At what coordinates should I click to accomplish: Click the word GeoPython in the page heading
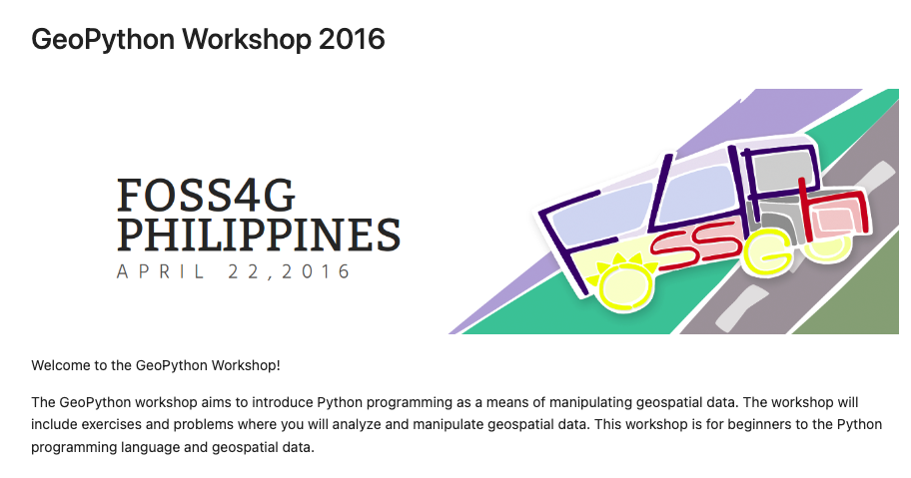(x=103, y=40)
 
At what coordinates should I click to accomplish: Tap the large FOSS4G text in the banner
(x=206, y=195)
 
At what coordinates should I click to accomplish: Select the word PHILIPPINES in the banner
(x=259, y=234)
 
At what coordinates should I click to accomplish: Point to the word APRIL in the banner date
(x=161, y=271)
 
